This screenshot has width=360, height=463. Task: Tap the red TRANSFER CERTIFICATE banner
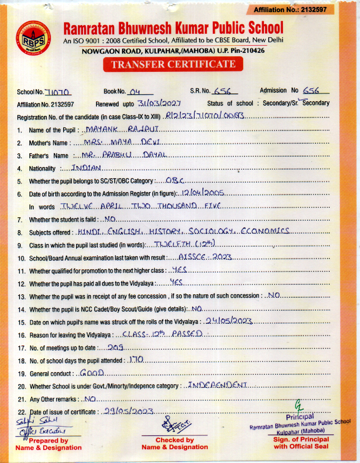173,64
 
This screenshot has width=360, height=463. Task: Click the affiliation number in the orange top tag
290,10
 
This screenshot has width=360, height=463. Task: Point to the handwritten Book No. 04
135,91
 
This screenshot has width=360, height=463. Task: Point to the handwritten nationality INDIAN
87,168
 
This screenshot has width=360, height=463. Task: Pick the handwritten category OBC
175,180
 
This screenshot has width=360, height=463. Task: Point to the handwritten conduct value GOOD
92,373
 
